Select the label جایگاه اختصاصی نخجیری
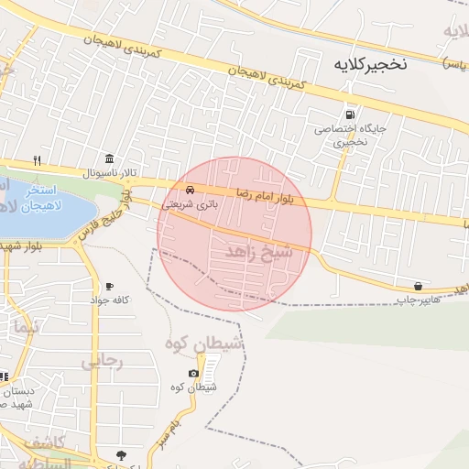pos(351,135)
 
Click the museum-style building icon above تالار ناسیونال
pos(110,158)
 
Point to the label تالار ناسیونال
pos(110,172)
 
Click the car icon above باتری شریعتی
pos(190,190)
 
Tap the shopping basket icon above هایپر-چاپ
pos(419,286)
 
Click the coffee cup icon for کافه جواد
pos(110,287)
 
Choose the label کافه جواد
pos(110,300)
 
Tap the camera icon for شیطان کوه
pos(193,373)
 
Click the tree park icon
pos(121,455)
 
